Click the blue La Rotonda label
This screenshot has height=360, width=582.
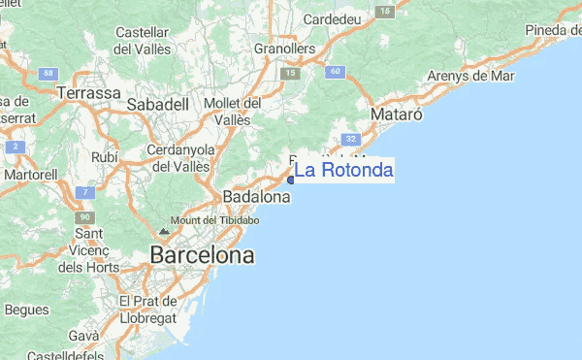344,171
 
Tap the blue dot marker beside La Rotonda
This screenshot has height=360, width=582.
291,180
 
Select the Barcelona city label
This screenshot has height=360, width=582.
202,256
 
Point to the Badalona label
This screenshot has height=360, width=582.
257,197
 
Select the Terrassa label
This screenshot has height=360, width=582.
88,93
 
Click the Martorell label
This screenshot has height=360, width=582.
30,175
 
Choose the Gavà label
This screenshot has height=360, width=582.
83,335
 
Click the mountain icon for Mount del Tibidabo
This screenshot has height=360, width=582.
163,232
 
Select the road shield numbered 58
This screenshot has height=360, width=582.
48,74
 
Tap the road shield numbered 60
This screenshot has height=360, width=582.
334,71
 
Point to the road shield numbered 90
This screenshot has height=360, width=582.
85,216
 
